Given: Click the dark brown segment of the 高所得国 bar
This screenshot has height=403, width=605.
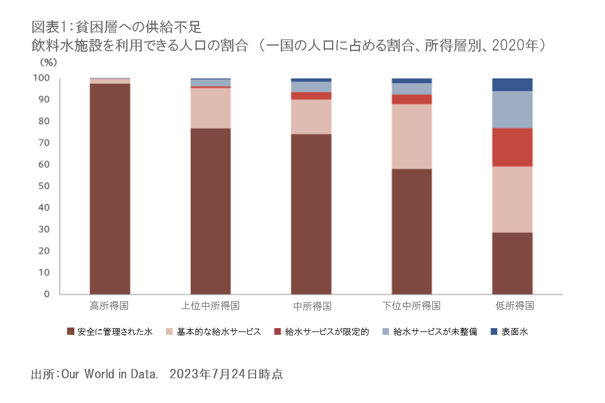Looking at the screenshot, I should [110, 188].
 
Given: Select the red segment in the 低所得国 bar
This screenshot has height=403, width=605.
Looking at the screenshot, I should [512, 147].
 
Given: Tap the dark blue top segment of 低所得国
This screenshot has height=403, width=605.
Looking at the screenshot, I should [512, 84].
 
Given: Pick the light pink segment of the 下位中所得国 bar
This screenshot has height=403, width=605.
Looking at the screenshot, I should [412, 136].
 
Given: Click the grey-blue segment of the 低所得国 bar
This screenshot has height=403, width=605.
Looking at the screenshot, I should [512, 110].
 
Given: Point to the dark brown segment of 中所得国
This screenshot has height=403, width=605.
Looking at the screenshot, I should [311, 214].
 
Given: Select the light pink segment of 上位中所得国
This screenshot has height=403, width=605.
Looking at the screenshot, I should [211, 108].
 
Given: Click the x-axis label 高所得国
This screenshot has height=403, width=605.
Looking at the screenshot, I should [110, 306].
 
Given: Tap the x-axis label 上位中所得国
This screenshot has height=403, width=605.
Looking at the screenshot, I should [211, 306].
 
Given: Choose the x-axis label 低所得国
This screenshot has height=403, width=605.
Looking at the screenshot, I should [512, 306].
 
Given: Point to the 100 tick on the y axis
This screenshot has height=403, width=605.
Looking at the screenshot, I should [43, 78].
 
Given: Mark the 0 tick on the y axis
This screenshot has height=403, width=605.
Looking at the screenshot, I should [48, 294].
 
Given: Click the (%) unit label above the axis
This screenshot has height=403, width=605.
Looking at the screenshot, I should [48, 61].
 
